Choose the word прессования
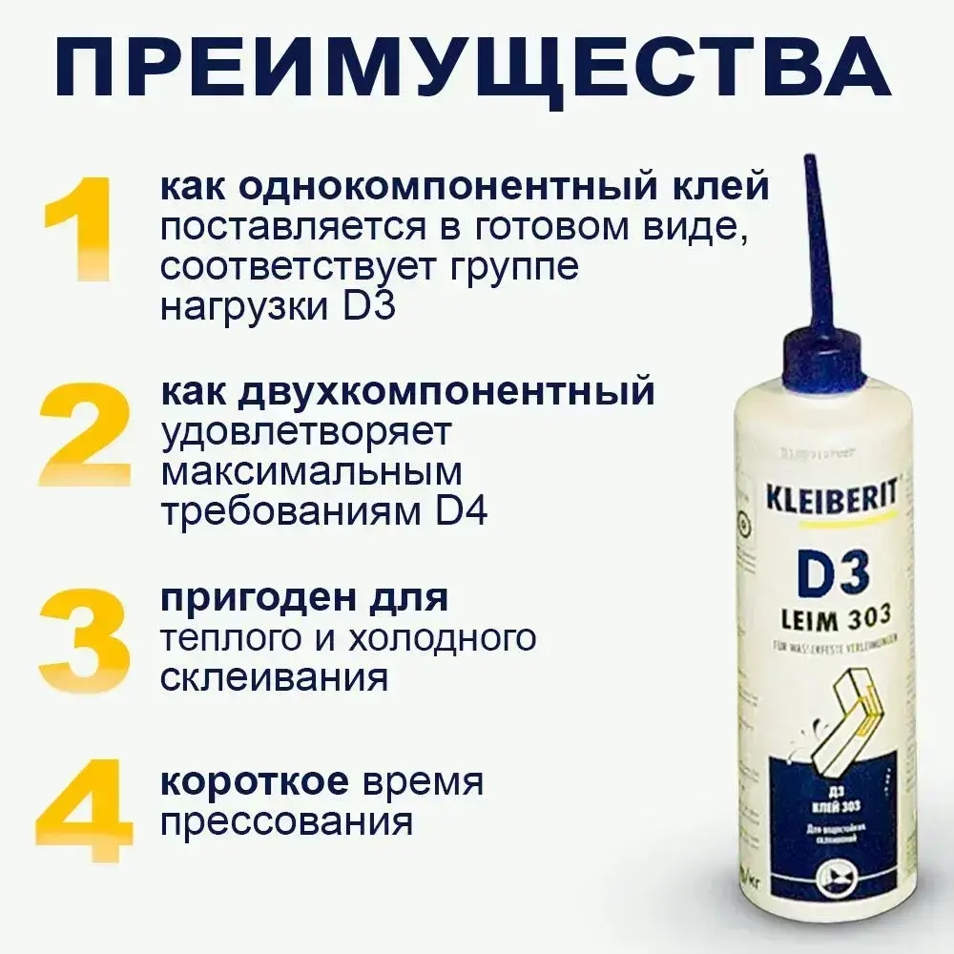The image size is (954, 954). point(287,822)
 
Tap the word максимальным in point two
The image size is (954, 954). point(311,472)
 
